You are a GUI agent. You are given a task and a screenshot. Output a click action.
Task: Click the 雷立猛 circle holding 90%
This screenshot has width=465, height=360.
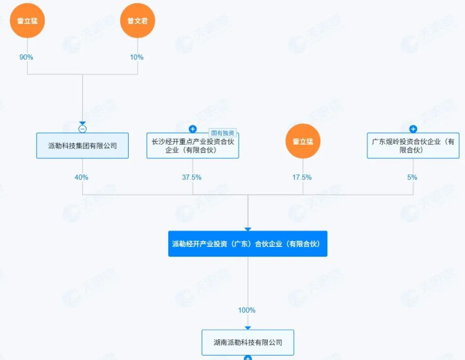[x=27, y=21]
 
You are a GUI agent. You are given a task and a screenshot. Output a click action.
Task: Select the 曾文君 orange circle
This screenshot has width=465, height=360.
[x=138, y=21]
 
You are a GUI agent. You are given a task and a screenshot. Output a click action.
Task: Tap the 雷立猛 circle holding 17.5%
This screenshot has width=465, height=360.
[x=303, y=141]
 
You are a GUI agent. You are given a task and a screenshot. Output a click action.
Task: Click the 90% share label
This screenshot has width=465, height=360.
[x=26, y=57]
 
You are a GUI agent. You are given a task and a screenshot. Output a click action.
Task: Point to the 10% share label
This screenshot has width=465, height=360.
[x=136, y=57]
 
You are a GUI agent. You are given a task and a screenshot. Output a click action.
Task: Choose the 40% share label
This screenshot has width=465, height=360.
[x=81, y=177]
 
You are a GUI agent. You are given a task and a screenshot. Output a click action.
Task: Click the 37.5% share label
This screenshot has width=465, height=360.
[x=191, y=177]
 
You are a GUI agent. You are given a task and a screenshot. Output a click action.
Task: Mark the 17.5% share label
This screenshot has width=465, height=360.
[x=302, y=177]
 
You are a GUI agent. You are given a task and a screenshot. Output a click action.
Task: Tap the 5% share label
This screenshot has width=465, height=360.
[x=412, y=177]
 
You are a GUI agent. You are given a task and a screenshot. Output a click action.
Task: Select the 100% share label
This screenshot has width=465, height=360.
[x=247, y=310]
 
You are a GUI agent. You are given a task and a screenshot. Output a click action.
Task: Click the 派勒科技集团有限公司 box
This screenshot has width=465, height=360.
[x=82, y=145]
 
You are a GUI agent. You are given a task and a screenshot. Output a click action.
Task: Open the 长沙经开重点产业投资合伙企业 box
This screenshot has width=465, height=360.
[x=193, y=145]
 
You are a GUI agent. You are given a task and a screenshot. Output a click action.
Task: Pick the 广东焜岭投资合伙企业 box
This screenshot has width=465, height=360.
[x=413, y=145]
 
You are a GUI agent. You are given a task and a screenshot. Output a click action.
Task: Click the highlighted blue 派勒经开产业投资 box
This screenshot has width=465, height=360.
[x=248, y=244]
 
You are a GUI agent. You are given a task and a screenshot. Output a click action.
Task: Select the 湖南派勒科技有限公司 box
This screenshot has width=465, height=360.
[x=248, y=342]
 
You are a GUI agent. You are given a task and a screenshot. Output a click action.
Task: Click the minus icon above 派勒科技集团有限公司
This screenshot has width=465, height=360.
[x=82, y=129]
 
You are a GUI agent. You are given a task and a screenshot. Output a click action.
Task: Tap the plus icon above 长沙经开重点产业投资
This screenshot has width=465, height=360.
[x=193, y=129]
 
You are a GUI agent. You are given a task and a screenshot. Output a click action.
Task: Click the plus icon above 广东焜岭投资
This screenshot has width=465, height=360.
[x=413, y=129]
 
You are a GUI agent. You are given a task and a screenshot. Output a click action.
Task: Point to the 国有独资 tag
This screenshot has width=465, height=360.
[x=222, y=133]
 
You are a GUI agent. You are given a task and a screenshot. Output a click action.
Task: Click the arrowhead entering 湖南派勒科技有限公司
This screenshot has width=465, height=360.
[x=248, y=328]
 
